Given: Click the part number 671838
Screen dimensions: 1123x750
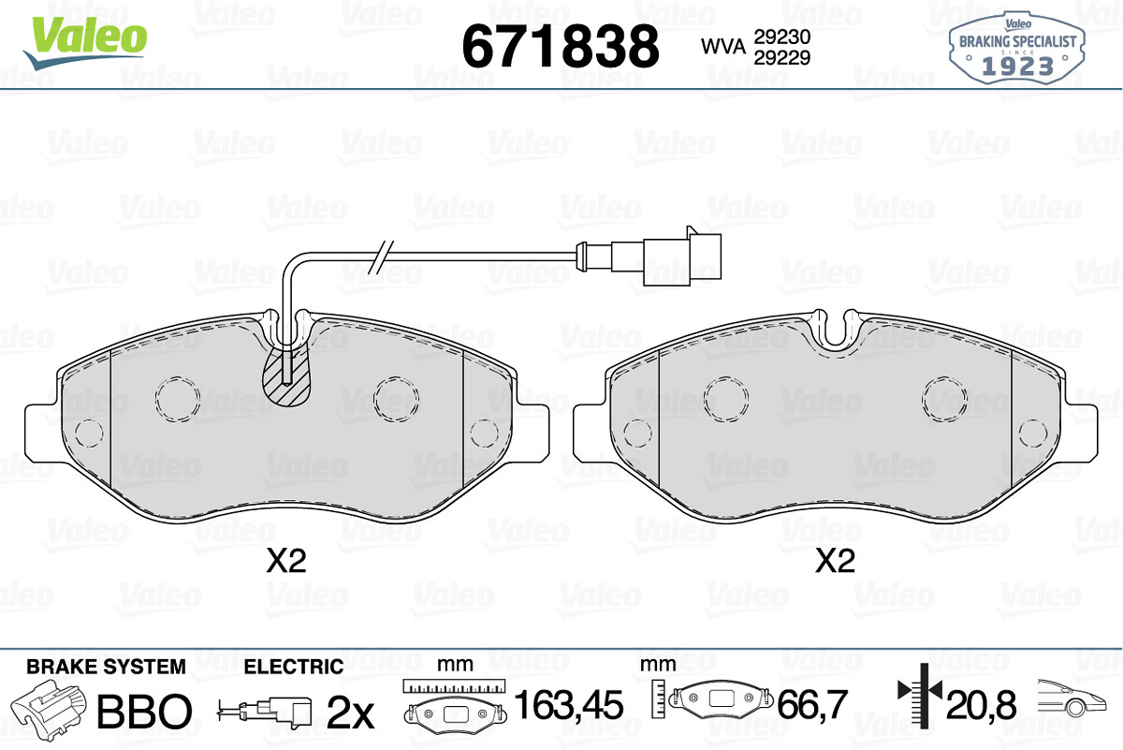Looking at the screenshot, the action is [x=560, y=46].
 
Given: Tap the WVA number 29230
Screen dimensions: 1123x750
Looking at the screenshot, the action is [x=782, y=37].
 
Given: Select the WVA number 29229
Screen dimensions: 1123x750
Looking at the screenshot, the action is [x=782, y=58].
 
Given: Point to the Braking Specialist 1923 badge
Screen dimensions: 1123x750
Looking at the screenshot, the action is [x=1016, y=48].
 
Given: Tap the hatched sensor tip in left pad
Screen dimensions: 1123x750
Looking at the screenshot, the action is [x=286, y=375].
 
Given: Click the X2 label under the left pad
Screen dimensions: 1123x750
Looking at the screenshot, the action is [x=285, y=560].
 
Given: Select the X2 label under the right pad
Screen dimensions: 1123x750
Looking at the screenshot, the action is [x=835, y=560].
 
